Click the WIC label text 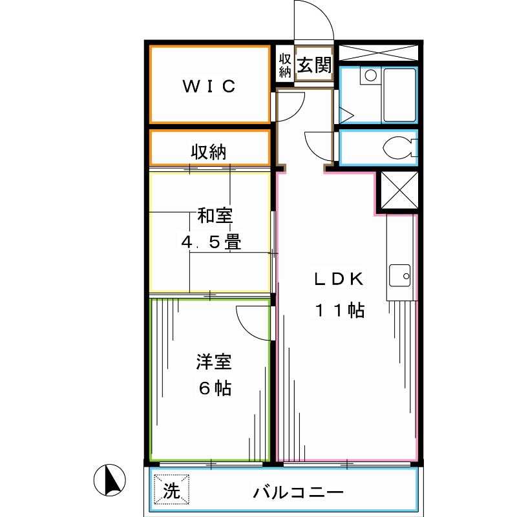coord(209,87)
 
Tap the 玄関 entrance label coord(315,65)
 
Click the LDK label coord(340,280)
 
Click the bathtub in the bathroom coord(399,95)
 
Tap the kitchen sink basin coord(400,277)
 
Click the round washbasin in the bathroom coord(370,76)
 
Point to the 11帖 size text coord(340,311)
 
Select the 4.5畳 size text coord(211,243)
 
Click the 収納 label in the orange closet coord(208,153)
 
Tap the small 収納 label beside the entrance coord(285,65)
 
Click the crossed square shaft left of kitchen coord(396,191)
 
